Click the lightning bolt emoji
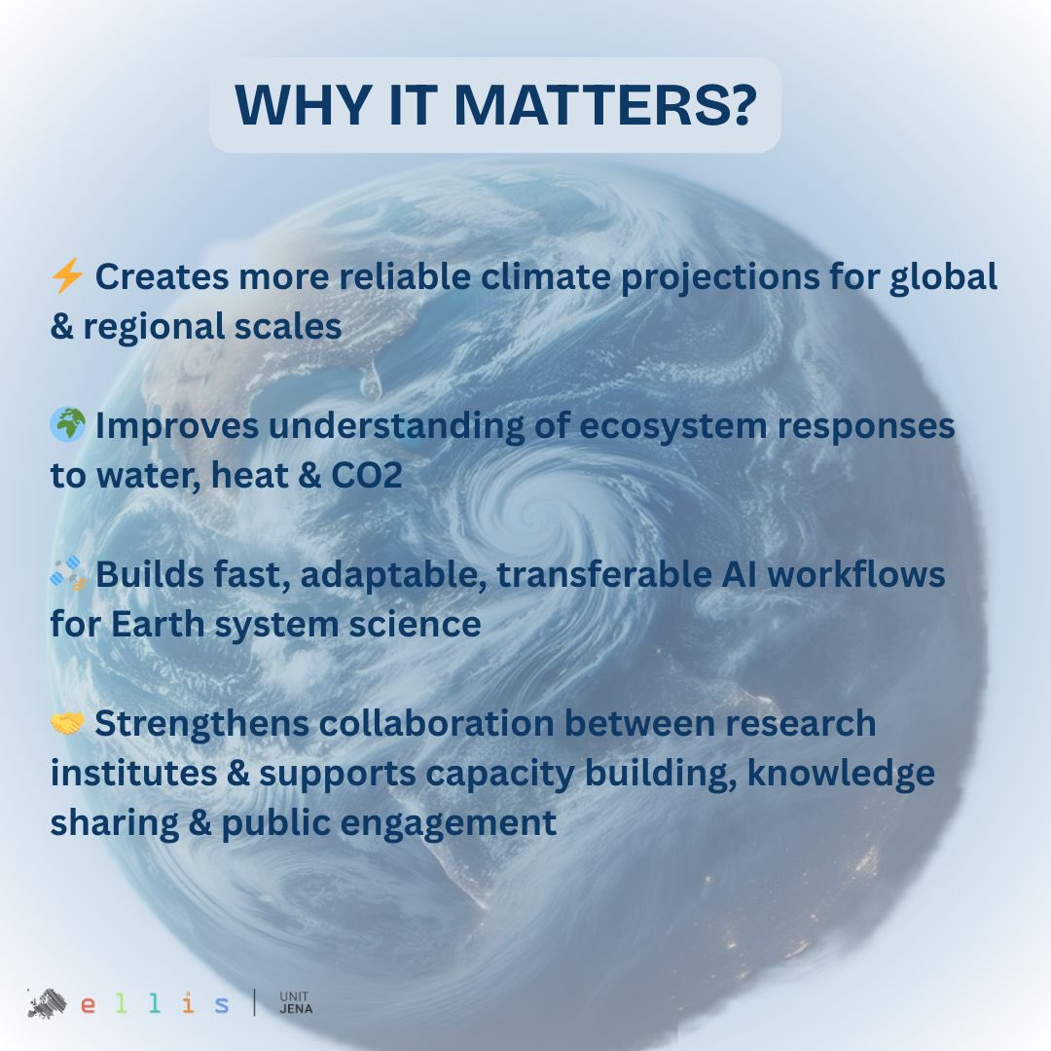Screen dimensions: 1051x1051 click(x=67, y=277)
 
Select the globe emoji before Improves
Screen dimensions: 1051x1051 click(x=67, y=425)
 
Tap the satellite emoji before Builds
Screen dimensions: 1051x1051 click(x=67, y=575)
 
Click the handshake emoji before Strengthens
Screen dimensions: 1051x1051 click(x=67, y=724)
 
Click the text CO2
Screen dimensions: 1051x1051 click(x=370, y=476)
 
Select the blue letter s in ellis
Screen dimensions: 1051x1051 click(x=223, y=1005)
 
